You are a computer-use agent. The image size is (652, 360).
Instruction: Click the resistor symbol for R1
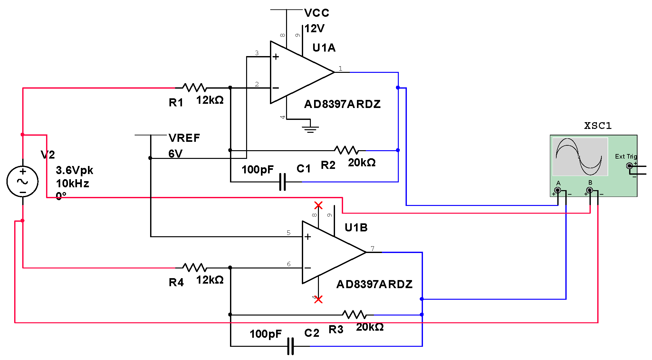pos(195,87)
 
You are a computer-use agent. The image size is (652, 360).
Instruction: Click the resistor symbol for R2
pos(346,150)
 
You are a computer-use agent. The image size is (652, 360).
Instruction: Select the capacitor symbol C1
pos(283,182)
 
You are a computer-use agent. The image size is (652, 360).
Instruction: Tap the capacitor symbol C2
pos(291,346)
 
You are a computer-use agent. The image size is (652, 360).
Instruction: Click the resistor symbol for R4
pos(195,267)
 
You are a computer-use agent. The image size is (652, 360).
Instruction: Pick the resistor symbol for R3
pos(354,315)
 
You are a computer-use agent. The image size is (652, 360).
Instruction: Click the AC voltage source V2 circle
pos(23,181)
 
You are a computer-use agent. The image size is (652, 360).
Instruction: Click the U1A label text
pos(324,48)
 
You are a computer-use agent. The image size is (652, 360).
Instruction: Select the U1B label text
pos(356,228)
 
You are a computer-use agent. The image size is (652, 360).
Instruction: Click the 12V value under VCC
pos(314,29)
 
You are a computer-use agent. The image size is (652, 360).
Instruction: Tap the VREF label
pos(184,138)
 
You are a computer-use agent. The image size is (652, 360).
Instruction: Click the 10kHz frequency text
pos(72,183)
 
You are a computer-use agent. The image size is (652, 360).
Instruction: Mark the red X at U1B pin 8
pos(318,205)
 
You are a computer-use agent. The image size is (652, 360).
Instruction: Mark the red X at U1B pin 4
pos(318,299)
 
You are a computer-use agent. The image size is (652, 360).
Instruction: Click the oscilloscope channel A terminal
pos(558,190)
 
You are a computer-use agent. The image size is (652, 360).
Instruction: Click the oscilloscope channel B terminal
pos(589,190)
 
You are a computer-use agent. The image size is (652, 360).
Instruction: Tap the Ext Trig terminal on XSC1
pos(629,166)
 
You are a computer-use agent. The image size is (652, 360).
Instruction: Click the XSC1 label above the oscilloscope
pos(598,126)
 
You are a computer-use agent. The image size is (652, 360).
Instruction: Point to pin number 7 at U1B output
pos(372,248)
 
